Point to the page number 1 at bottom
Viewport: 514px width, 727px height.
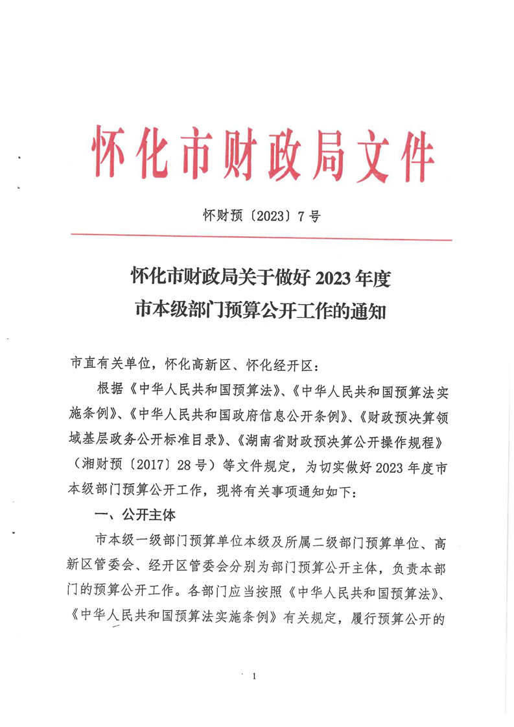coord(255,676)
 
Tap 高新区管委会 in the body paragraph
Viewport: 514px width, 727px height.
coord(101,566)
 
